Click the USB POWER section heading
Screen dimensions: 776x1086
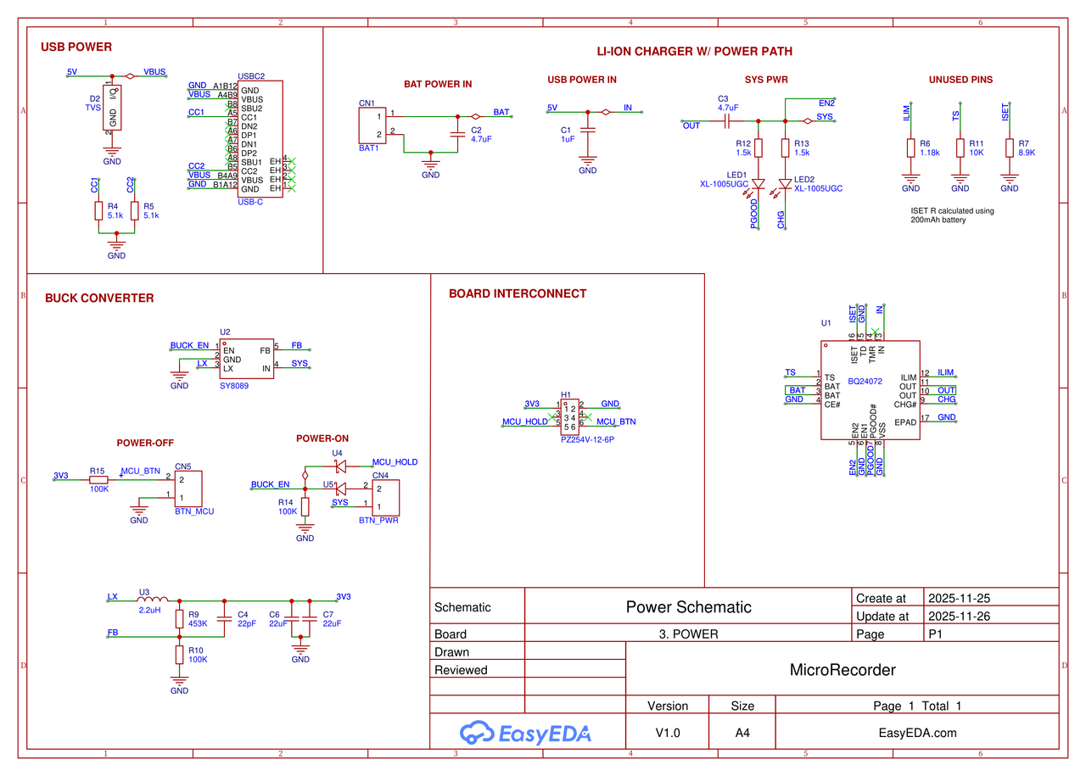pos(76,47)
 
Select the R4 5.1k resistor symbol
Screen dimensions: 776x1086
pos(98,211)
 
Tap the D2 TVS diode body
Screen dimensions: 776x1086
pos(112,107)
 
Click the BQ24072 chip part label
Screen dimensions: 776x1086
pos(865,382)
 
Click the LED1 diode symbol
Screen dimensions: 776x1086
pos(759,183)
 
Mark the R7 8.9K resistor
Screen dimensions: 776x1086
pos(1009,148)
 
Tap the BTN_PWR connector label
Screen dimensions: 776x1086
pos(378,520)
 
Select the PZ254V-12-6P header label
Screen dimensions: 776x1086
pos(587,440)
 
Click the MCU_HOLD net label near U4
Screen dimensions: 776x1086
pos(395,462)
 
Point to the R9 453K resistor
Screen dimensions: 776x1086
pos(179,618)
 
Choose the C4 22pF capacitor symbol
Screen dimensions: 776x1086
pos(224,618)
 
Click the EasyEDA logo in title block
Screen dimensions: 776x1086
pos(525,733)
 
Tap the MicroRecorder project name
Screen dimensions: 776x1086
pos(842,670)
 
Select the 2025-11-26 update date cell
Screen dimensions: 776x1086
pos(959,617)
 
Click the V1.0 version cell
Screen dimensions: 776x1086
pos(668,733)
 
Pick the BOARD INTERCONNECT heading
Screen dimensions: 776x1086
pos(518,294)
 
